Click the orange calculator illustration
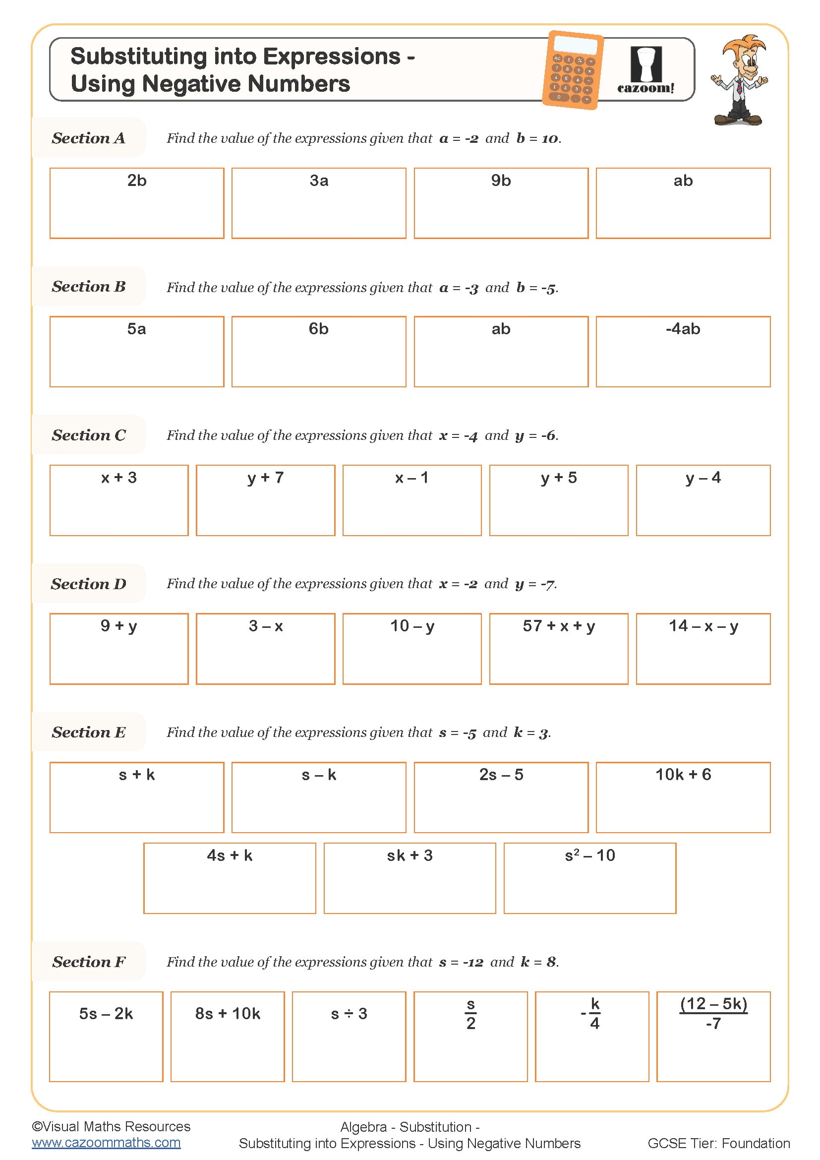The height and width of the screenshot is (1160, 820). coord(573,70)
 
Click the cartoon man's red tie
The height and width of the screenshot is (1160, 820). coord(740,87)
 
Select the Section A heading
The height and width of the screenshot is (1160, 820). coord(88,138)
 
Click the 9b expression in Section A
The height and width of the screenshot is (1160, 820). coord(500,181)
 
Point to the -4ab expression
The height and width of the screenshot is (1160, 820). coord(683,329)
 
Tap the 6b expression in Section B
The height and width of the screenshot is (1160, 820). coord(318,329)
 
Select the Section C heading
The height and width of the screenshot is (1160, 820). coord(89,435)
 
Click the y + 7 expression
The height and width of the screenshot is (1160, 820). coord(265,478)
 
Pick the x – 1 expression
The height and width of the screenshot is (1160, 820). coord(411,478)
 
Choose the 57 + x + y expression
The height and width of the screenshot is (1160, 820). coord(558,626)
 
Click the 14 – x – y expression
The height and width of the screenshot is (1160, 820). coord(703,626)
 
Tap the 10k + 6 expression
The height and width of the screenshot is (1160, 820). coord(683,775)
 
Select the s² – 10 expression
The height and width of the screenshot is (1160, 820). coord(589,855)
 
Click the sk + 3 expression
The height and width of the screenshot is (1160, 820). coord(410,855)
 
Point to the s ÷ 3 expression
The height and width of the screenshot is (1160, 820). coord(349,1014)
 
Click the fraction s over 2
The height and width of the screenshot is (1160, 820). coord(470,1014)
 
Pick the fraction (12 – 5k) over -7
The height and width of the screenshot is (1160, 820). coord(713,1014)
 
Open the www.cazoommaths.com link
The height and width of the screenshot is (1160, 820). coord(106,1142)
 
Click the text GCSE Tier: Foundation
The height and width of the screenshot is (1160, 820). coord(718,1143)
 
